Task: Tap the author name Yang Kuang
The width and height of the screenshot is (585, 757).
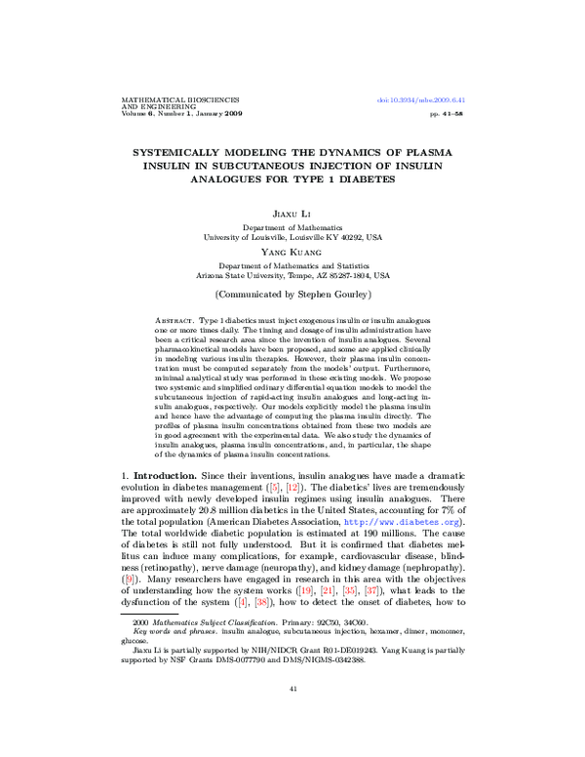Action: [x=292, y=251]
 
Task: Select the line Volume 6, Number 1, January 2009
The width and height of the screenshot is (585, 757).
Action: [x=180, y=114]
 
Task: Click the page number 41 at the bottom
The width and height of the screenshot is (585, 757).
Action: [x=292, y=717]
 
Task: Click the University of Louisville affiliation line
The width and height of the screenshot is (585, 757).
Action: [x=292, y=236]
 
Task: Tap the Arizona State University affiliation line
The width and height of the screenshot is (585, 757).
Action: [x=292, y=275]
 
